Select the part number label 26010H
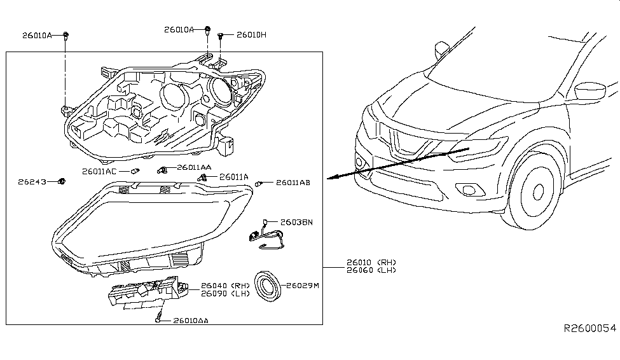click(x=251, y=35)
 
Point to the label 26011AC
click(x=99, y=172)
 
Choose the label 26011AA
click(x=194, y=167)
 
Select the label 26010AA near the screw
click(x=190, y=321)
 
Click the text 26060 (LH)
click(x=371, y=270)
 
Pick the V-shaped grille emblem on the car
click(x=401, y=142)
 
